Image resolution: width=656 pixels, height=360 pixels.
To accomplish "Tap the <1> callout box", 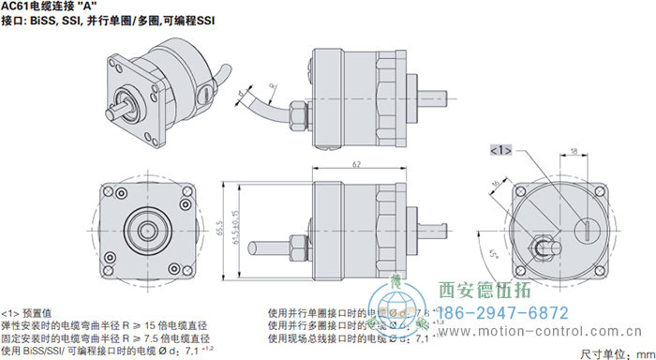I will coord(500,149).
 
